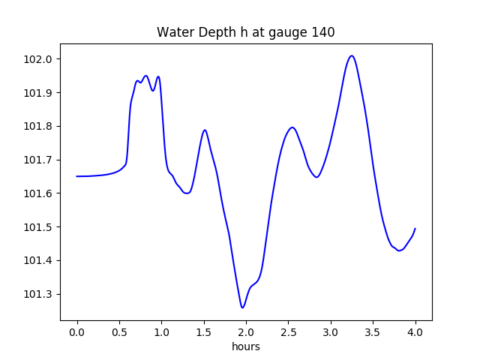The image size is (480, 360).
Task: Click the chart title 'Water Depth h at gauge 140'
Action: click(x=245, y=32)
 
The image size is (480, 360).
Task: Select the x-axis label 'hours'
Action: click(x=246, y=346)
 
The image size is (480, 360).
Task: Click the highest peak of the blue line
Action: click(x=351, y=55)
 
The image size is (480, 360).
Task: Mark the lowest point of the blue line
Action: click(x=242, y=307)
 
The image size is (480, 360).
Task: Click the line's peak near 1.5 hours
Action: click(x=204, y=130)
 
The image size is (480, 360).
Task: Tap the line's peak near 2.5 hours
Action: click(x=292, y=127)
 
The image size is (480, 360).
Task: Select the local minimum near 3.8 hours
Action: click(x=399, y=250)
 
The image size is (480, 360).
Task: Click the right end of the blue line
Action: click(x=415, y=229)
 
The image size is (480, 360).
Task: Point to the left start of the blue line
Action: click(x=77, y=176)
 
